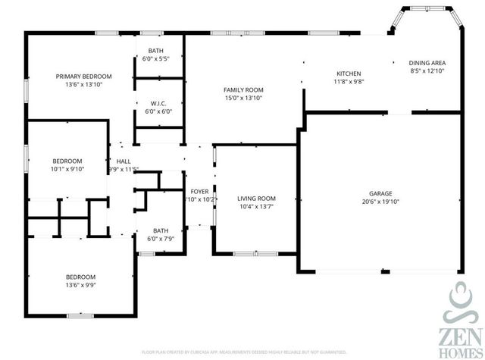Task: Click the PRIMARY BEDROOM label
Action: [84, 77]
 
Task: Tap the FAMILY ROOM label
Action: [242, 89]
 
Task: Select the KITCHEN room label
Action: [349, 74]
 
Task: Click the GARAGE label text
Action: [380, 193]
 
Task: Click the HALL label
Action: [123, 161]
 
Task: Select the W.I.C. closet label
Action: [158, 103]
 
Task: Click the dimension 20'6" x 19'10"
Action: [380, 202]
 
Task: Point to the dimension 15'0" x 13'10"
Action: [242, 98]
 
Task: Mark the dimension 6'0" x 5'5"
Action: [158, 58]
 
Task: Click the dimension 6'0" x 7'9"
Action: [161, 239]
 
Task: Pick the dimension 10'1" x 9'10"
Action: [67, 170]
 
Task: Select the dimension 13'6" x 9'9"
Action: [80, 286]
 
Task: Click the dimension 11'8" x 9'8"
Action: [349, 83]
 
